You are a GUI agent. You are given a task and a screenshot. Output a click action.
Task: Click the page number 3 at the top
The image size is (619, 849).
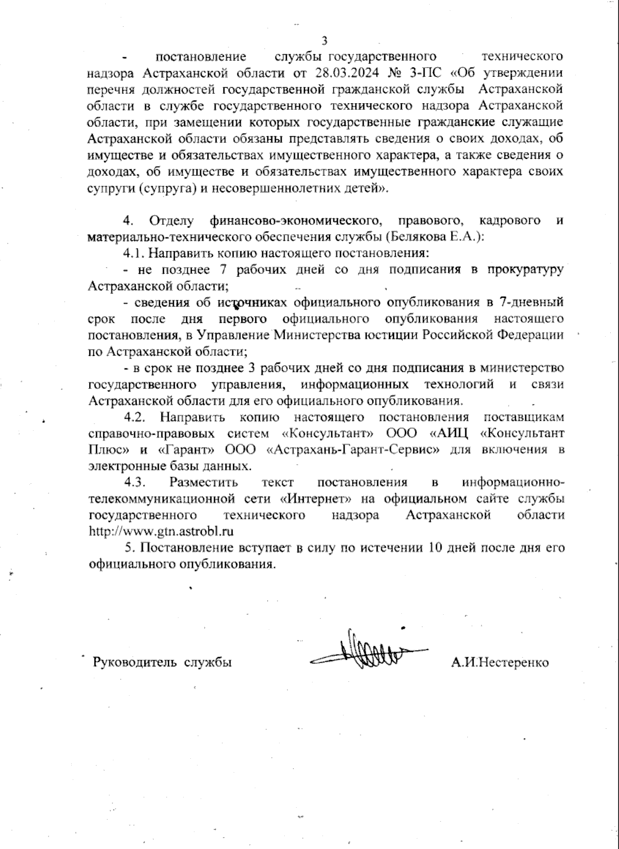tap(324, 41)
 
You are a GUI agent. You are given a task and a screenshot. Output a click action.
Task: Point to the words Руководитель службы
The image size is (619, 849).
tap(161, 662)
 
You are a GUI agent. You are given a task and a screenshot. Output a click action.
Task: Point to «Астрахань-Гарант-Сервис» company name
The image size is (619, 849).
tap(354, 449)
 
